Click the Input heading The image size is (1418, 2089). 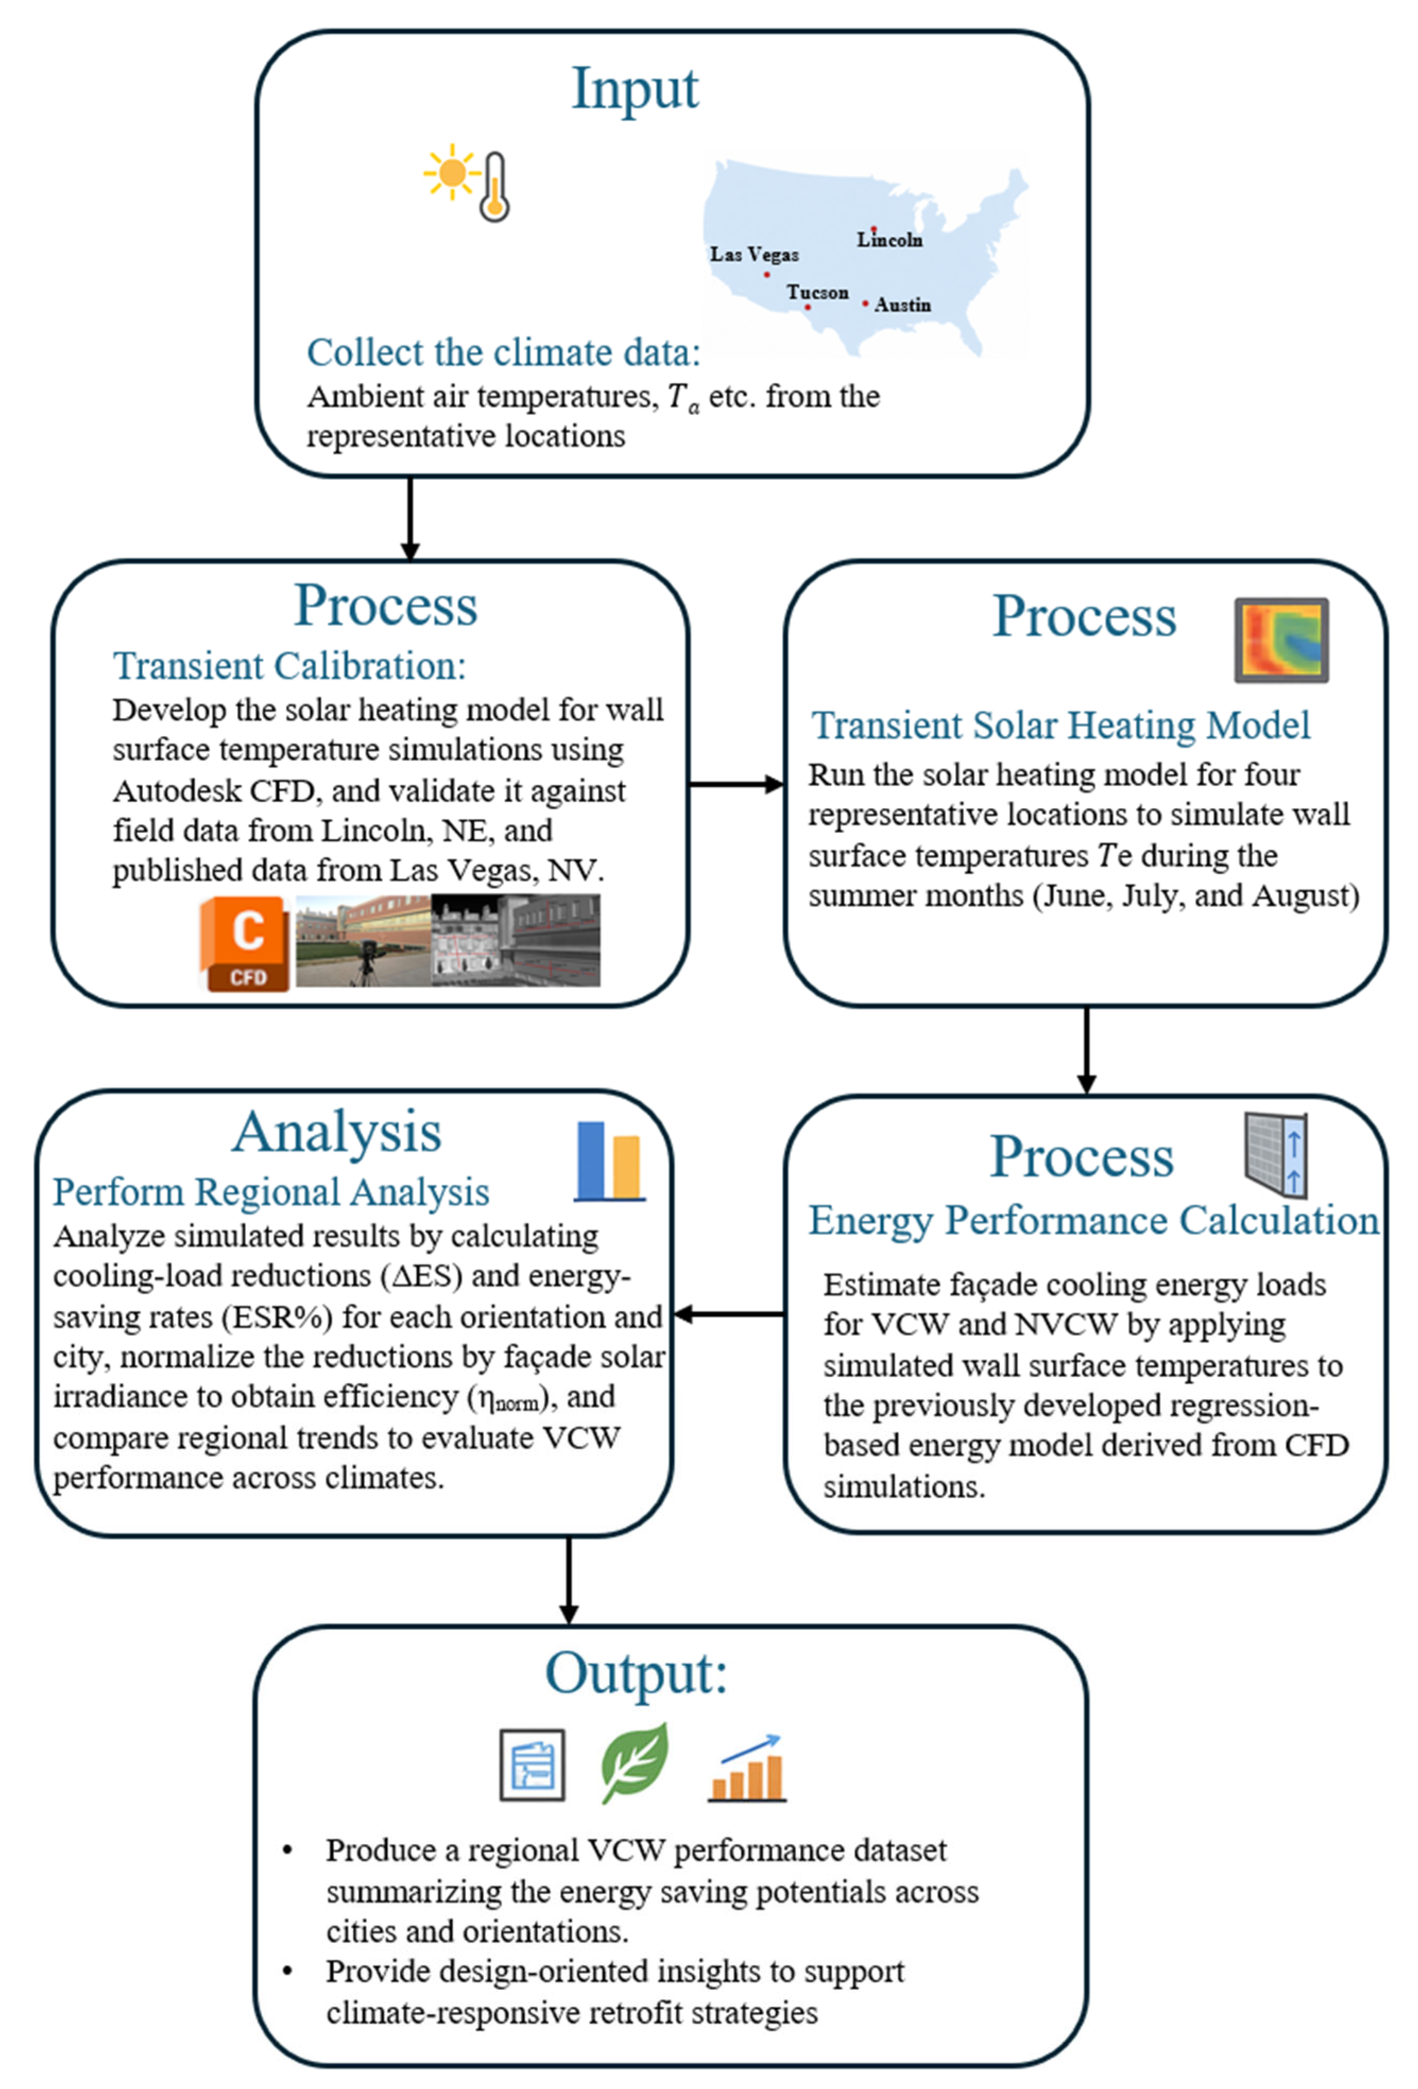point(635,90)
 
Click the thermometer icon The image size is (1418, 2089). point(494,187)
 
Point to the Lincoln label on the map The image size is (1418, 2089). point(889,240)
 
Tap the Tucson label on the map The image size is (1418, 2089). point(818,292)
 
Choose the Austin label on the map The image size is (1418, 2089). point(903,305)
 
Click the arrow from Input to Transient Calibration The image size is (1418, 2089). point(410,518)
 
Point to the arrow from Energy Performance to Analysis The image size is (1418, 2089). point(728,1314)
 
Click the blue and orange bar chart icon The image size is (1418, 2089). point(609,1161)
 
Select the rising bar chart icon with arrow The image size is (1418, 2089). point(747,1769)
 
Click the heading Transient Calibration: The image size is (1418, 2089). point(289,666)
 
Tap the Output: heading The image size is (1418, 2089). point(635,1674)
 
